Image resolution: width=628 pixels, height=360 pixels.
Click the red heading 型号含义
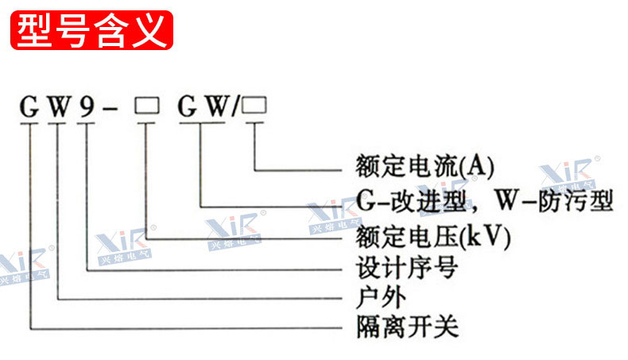(92, 30)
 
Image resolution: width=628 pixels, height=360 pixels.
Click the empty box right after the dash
(146, 106)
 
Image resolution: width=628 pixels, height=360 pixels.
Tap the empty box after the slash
(254, 106)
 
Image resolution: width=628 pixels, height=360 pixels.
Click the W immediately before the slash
(213, 108)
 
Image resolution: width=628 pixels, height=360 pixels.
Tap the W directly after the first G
(58, 108)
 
